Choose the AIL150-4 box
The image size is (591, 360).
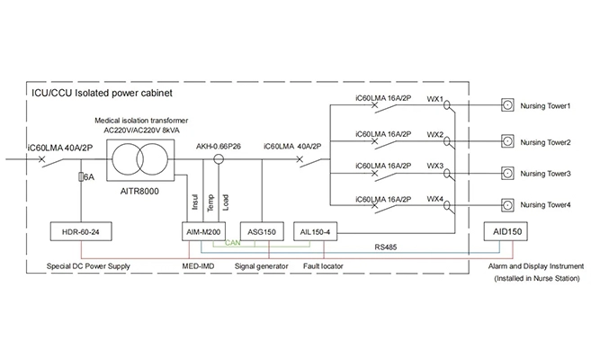317,230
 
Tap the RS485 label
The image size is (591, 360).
388,244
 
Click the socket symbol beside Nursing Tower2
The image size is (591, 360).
508,139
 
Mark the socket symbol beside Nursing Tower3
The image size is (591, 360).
508,172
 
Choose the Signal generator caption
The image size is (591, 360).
260,266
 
